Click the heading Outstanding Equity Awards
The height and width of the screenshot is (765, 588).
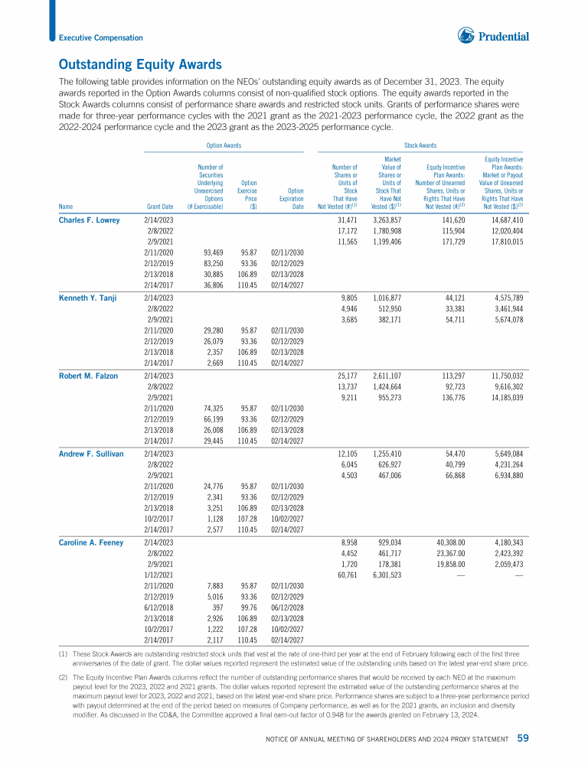(140, 64)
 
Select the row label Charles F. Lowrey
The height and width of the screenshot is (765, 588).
(90, 220)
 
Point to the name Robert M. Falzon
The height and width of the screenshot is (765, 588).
(90, 376)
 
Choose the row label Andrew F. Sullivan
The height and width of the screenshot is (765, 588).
(91, 454)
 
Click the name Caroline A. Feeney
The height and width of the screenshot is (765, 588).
(91, 542)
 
